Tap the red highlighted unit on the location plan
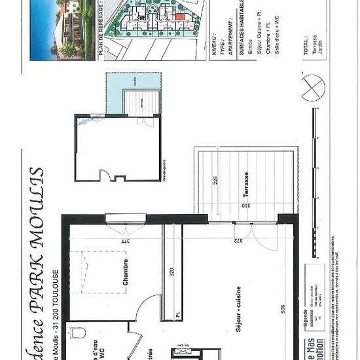[179, 29]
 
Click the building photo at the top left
[62, 29]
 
